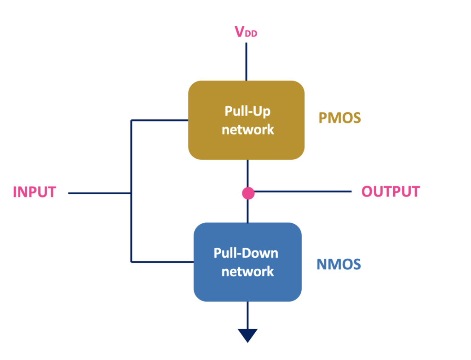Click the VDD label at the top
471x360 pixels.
point(246,32)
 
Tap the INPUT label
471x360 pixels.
point(34,192)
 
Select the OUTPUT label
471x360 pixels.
point(391,192)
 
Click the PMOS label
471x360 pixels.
point(340,118)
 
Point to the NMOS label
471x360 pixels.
point(339,264)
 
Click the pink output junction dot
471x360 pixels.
point(248,193)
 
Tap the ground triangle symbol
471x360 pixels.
point(247,336)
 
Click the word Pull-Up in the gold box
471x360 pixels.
point(247,111)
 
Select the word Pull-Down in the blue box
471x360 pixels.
point(246,253)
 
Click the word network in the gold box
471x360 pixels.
point(248,130)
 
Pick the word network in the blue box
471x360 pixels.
point(247,272)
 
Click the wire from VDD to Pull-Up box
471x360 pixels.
point(247,62)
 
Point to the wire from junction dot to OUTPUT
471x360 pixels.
point(303,191)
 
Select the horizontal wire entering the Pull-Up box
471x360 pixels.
point(160,120)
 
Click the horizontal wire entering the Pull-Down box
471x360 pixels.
point(162,262)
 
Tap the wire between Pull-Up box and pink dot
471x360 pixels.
point(247,173)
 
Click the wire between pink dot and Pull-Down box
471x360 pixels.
point(247,211)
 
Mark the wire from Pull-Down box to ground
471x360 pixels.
point(247,315)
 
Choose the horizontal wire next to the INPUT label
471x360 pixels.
point(99,193)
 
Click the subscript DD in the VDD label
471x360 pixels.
point(251,34)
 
